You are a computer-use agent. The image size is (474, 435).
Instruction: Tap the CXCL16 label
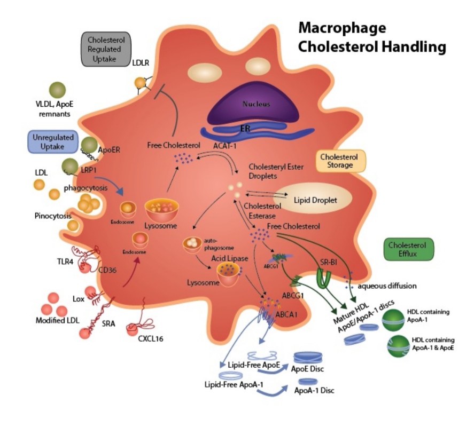141,340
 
